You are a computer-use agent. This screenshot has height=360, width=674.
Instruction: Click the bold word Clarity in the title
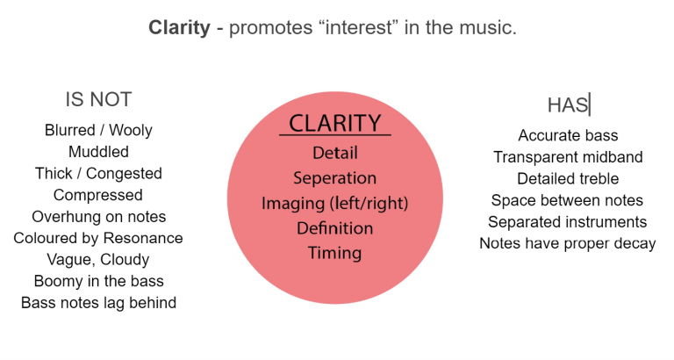180,28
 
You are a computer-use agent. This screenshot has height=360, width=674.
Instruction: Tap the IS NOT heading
98,99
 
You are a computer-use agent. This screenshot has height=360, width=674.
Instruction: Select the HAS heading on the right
567,105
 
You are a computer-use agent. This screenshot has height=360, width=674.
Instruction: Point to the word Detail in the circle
334,153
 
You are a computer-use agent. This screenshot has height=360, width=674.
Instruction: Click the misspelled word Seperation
334,177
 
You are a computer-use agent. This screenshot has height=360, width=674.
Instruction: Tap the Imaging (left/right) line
334,203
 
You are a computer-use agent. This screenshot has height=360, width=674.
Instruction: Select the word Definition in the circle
334,228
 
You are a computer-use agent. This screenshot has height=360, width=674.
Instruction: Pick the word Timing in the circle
334,253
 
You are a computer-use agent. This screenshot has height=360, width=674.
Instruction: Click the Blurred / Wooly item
98,130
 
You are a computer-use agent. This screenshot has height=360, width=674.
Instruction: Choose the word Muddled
98,152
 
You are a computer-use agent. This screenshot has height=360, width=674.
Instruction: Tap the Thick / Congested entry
98,173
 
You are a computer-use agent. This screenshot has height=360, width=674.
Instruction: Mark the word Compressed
98,195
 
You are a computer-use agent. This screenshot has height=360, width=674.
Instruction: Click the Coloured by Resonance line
98,238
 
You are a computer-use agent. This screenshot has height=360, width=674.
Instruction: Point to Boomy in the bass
98,281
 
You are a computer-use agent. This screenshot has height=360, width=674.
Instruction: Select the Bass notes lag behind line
98,303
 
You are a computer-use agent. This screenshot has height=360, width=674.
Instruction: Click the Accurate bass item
568,135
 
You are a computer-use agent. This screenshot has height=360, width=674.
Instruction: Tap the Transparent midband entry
568,157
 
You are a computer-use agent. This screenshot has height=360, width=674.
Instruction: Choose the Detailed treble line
568,178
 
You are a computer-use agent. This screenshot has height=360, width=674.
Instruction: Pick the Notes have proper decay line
568,243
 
